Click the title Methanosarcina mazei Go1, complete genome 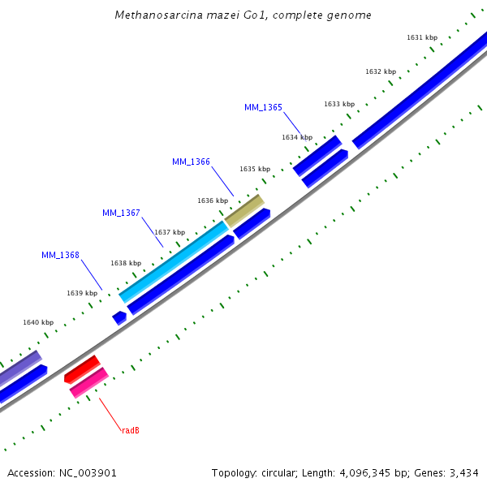click(x=243, y=15)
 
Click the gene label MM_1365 click(x=263, y=107)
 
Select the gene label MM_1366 click(x=191, y=162)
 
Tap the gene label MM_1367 click(x=121, y=213)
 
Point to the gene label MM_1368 click(x=60, y=255)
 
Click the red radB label click(x=131, y=430)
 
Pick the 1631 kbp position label click(x=421, y=37)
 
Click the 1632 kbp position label click(x=381, y=71)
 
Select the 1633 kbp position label click(x=339, y=104)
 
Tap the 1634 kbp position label click(x=297, y=137)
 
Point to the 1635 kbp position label click(x=255, y=169)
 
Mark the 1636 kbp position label click(x=213, y=200)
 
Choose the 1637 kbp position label click(x=170, y=232)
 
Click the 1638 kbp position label click(x=126, y=263)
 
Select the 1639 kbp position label click(x=82, y=293)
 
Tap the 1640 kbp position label click(x=38, y=322)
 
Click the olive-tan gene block click(x=244, y=211)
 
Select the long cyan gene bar click(x=175, y=261)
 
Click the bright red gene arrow click(x=81, y=369)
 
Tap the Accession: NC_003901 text click(x=62, y=472)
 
